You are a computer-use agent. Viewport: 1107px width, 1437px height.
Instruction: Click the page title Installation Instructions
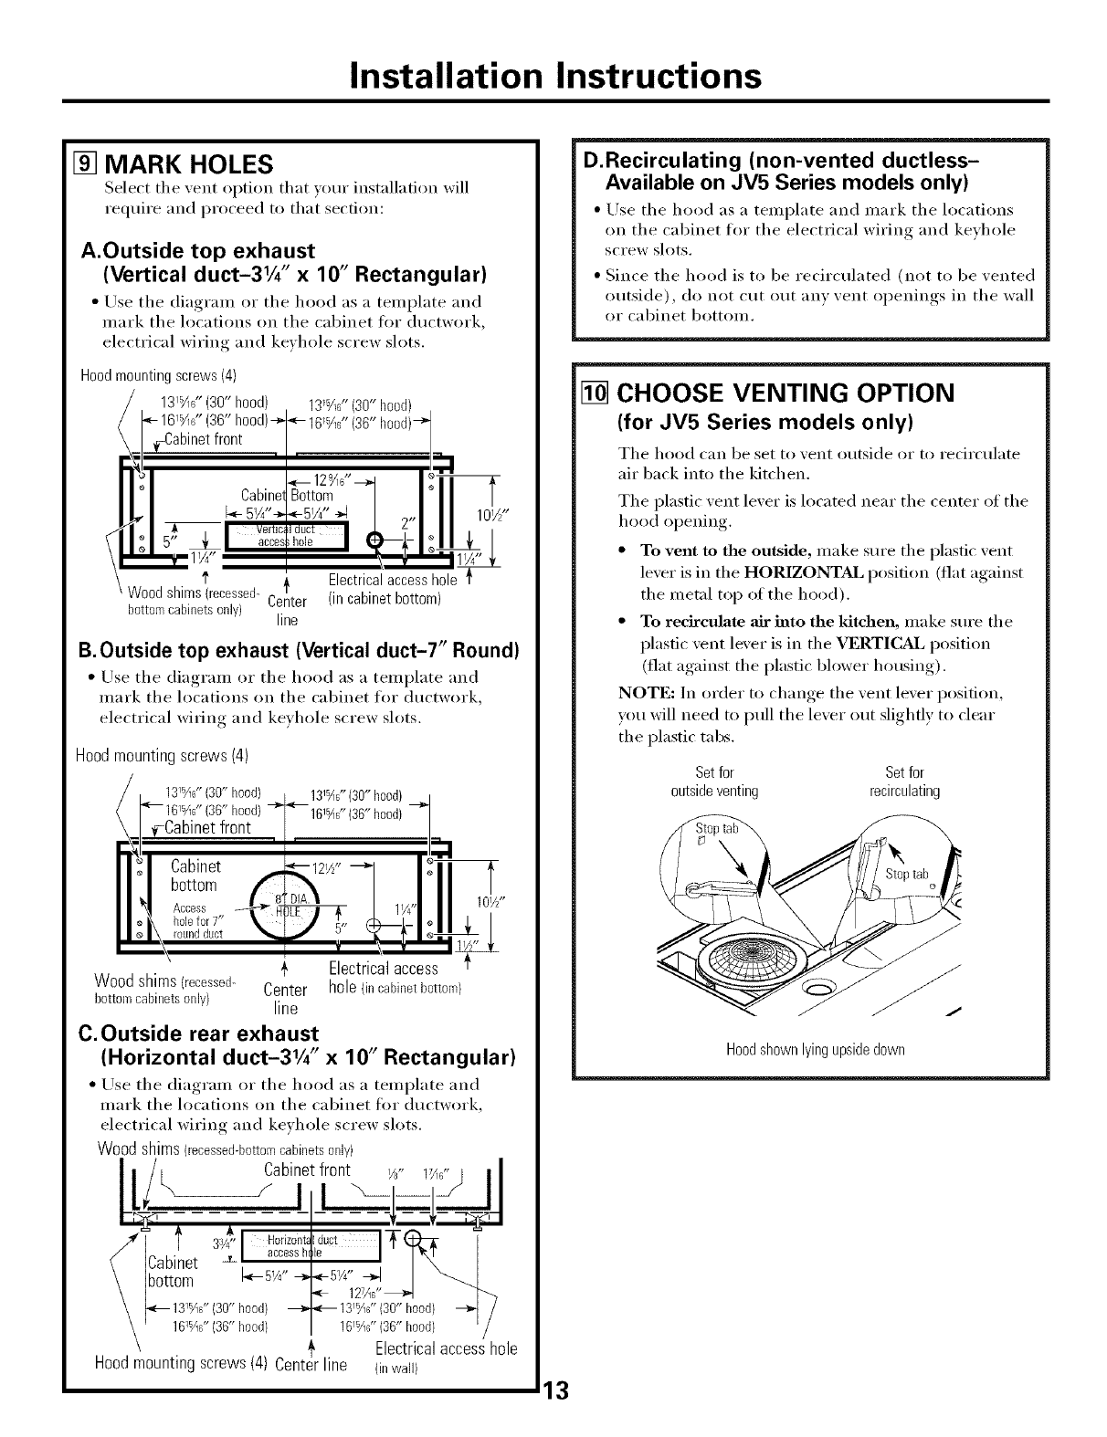coord(553,74)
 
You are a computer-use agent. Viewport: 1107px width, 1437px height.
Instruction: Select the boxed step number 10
coord(598,393)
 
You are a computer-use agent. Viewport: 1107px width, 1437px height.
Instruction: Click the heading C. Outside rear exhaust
coord(200,1033)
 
